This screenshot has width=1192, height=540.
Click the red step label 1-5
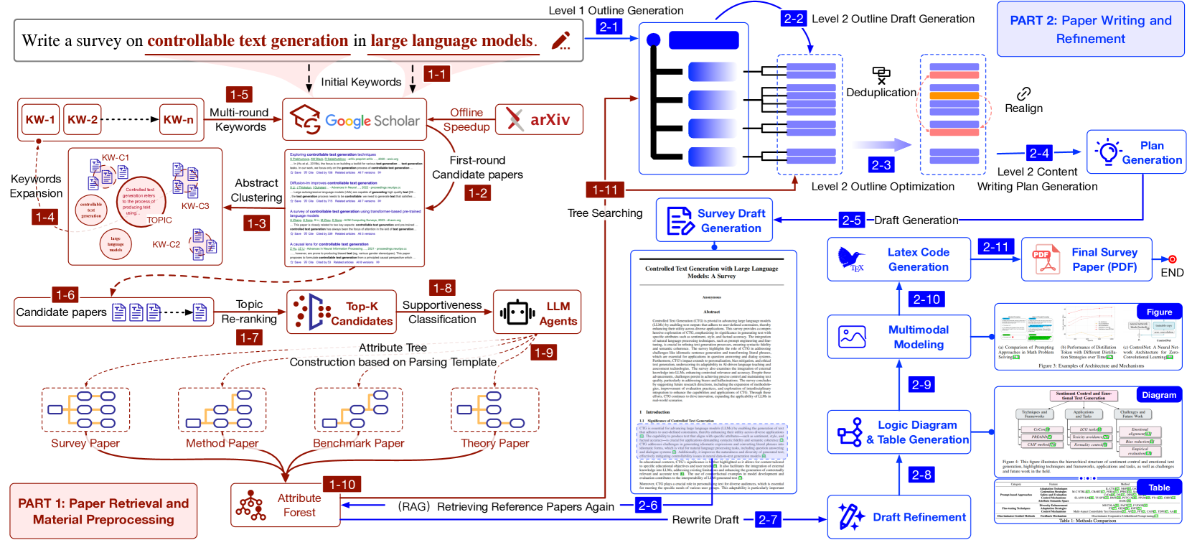coord(239,94)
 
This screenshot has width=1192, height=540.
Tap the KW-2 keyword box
coord(83,120)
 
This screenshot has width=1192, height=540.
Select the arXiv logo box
coord(538,120)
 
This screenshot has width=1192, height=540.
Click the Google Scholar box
coord(355,120)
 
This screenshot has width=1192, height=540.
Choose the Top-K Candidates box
coord(342,313)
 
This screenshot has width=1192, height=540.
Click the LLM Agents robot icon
coord(517,313)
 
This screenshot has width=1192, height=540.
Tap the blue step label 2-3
coord(881,164)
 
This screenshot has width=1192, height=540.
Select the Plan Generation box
coord(1136,152)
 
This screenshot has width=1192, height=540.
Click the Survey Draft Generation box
coord(714,220)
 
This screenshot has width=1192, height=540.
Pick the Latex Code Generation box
coord(898,259)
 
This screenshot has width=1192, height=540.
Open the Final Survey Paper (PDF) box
coord(1086,259)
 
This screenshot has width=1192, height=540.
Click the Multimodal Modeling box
coord(898,337)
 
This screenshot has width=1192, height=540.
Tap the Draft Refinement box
coord(898,517)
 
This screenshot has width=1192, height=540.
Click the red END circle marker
coord(1172,259)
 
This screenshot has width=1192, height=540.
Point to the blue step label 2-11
coord(995,246)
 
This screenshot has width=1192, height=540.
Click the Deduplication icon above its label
coord(881,75)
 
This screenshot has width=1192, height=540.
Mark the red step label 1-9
coord(543,352)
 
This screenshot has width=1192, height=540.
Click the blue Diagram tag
coord(1159,394)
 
